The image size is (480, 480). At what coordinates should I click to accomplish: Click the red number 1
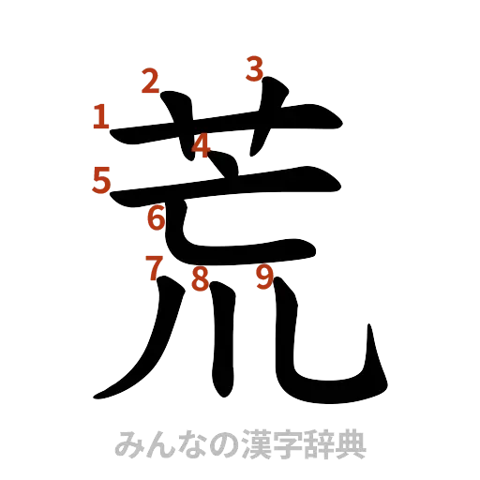tap(101, 117)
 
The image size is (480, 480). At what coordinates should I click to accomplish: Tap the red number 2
tap(149, 82)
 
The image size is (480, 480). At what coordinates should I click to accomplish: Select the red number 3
tap(255, 68)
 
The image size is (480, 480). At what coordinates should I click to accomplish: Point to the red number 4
tap(202, 145)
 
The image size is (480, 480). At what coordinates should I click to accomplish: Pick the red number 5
tap(102, 179)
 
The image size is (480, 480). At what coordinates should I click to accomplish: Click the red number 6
tap(156, 219)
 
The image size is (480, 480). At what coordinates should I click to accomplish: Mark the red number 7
tap(154, 268)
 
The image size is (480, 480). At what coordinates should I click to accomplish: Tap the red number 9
tap(265, 277)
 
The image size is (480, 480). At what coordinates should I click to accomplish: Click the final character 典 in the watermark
tap(353, 442)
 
